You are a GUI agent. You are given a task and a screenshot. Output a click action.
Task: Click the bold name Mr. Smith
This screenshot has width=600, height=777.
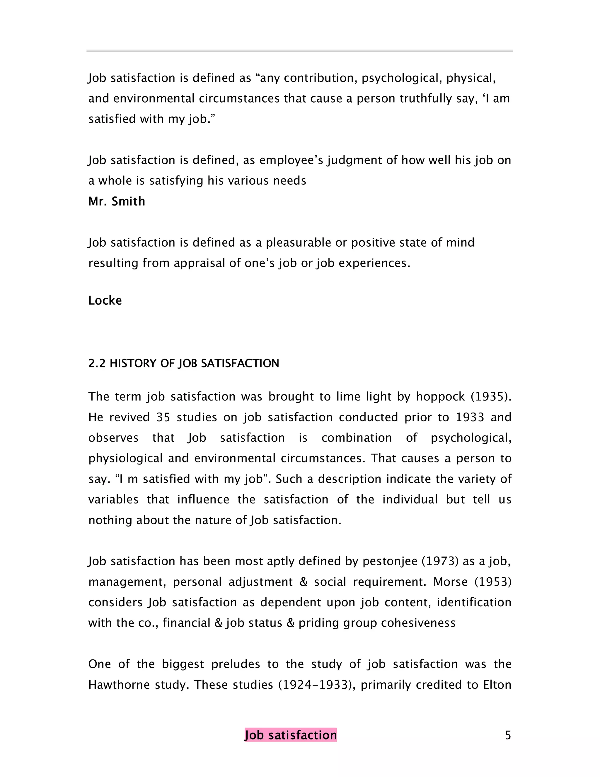[117, 201]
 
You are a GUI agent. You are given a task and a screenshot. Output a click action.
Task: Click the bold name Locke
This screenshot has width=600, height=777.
[105, 301]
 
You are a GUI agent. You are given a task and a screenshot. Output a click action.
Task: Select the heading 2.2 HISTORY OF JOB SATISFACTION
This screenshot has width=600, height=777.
[183, 363]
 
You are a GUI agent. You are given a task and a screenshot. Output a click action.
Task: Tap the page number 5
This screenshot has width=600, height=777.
[508, 735]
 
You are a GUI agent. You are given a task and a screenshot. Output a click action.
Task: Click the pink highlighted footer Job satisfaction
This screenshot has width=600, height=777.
[290, 735]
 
